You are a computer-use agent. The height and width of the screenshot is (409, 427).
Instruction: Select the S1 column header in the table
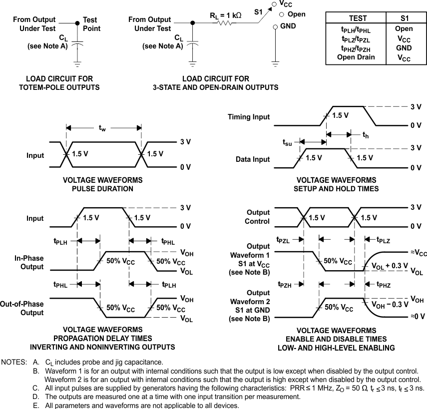click(404, 18)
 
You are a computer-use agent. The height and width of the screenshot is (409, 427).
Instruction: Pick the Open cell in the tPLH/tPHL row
click(404, 29)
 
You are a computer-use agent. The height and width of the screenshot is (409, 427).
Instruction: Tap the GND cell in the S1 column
click(404, 48)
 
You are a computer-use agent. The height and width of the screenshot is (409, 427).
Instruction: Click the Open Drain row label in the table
click(356, 57)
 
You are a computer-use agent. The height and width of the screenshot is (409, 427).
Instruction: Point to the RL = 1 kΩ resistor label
click(225, 15)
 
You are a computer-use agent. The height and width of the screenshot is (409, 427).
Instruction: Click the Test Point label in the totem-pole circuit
click(91, 24)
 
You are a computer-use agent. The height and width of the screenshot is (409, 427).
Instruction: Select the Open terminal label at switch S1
click(296, 14)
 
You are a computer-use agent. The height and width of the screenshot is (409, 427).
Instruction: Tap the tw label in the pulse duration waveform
click(102, 129)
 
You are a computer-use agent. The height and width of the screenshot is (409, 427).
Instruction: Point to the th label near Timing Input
click(365, 134)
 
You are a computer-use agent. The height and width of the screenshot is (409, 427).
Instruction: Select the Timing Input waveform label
click(249, 117)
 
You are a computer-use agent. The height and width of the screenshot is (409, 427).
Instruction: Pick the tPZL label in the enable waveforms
click(283, 240)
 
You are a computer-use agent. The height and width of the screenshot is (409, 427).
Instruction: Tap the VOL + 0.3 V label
click(389, 266)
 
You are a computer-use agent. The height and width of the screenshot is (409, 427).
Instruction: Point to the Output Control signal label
click(257, 217)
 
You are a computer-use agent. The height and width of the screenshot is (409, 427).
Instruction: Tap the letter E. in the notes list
click(35, 405)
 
